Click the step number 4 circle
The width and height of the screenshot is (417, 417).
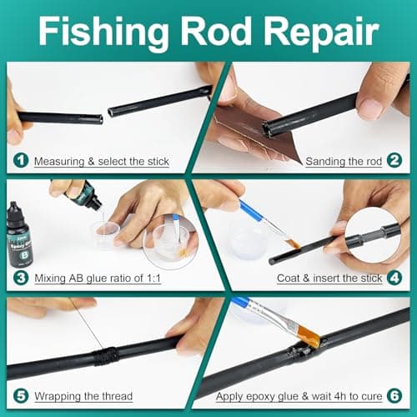coord(395,278)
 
